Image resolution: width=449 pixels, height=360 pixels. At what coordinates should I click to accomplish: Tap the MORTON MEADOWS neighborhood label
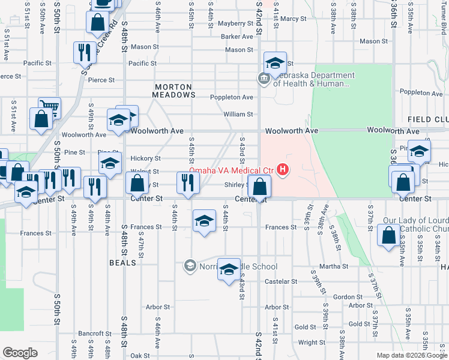tap(174, 91)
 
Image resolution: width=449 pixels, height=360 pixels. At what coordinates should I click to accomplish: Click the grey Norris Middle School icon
tap(190, 265)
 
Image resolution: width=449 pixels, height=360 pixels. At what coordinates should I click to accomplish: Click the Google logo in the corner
tap(20, 353)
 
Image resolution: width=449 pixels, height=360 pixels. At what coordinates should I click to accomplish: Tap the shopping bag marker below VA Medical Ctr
tap(259, 187)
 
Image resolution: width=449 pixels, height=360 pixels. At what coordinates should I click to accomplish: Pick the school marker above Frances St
tap(204, 221)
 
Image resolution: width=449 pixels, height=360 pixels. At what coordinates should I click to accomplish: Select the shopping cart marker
tap(49, 109)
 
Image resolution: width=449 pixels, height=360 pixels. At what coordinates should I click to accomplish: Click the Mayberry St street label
tap(235, 24)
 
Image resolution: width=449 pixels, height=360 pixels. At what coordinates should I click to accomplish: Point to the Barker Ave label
tap(237, 37)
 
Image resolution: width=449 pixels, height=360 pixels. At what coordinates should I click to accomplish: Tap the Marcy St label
tap(293, 19)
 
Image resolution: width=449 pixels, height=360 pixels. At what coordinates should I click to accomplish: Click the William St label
tap(238, 114)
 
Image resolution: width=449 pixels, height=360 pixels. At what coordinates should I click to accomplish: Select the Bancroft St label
tap(91, 333)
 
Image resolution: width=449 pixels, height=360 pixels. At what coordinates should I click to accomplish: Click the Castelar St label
tap(277, 281)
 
